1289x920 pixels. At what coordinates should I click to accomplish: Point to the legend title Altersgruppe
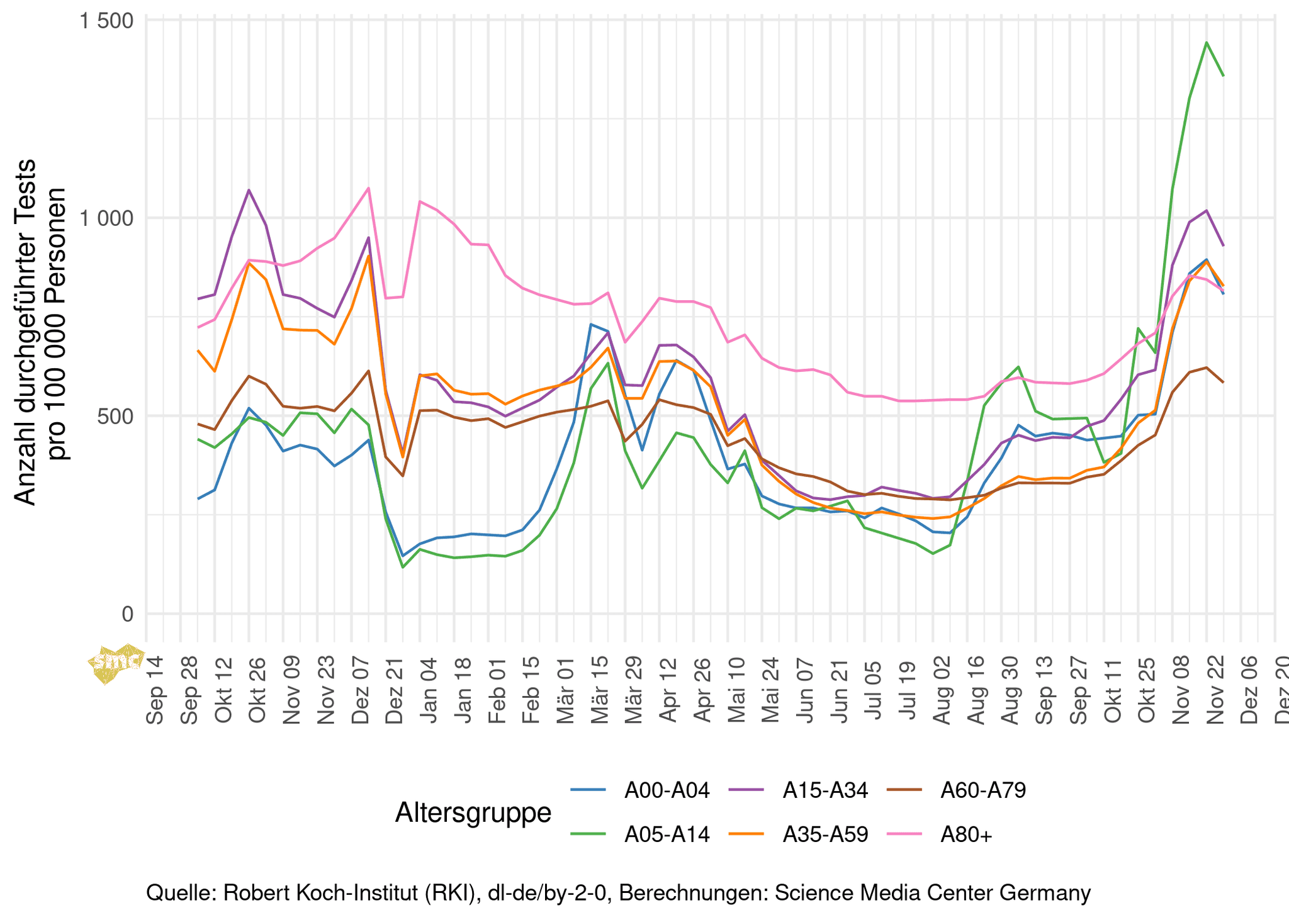click(473, 812)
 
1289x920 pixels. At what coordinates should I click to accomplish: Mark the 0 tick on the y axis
click(128, 614)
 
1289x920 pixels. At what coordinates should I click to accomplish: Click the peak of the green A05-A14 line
click(1206, 43)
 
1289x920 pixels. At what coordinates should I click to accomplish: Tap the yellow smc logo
click(115, 663)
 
